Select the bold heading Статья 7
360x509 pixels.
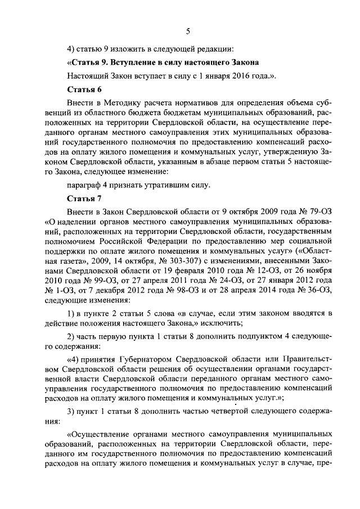84,198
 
